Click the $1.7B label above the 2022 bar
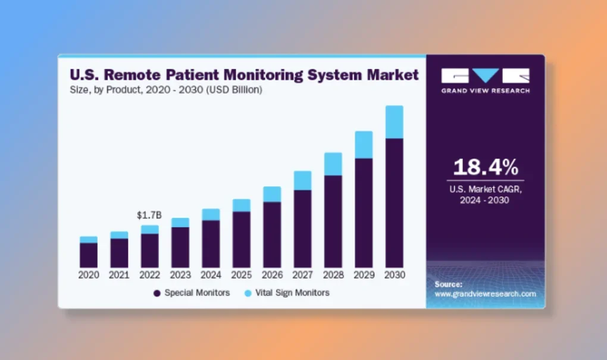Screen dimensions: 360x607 pyautogui.click(x=149, y=215)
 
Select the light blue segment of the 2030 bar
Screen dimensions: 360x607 pyautogui.click(x=394, y=122)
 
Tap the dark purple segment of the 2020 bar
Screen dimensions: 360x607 pyautogui.click(x=89, y=255)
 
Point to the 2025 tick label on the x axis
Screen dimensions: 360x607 pyautogui.click(x=241, y=276)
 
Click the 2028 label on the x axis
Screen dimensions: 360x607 pyautogui.click(x=333, y=276)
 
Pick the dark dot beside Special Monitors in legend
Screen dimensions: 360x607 pyautogui.click(x=157, y=293)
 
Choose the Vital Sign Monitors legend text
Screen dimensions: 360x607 pyautogui.click(x=292, y=293)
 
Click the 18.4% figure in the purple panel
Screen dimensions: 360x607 pyautogui.click(x=486, y=167)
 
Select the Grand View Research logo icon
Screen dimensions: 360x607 pyautogui.click(x=485, y=76)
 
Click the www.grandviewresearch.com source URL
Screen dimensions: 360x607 pyautogui.click(x=485, y=294)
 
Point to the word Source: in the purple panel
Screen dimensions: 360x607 pyautogui.click(x=448, y=284)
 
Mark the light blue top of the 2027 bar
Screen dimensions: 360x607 pyautogui.click(x=302, y=180)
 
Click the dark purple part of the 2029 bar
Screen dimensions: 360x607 pyautogui.click(x=364, y=212)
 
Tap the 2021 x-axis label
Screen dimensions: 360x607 pyautogui.click(x=119, y=276)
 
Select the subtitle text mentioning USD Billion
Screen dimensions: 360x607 pyautogui.click(x=166, y=90)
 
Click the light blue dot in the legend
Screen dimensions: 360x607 pyautogui.click(x=248, y=293)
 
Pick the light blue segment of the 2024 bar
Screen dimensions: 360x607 pyautogui.click(x=211, y=214)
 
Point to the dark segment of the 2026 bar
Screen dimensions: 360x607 pyautogui.click(x=272, y=234)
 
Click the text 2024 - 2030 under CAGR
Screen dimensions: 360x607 pyautogui.click(x=485, y=201)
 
